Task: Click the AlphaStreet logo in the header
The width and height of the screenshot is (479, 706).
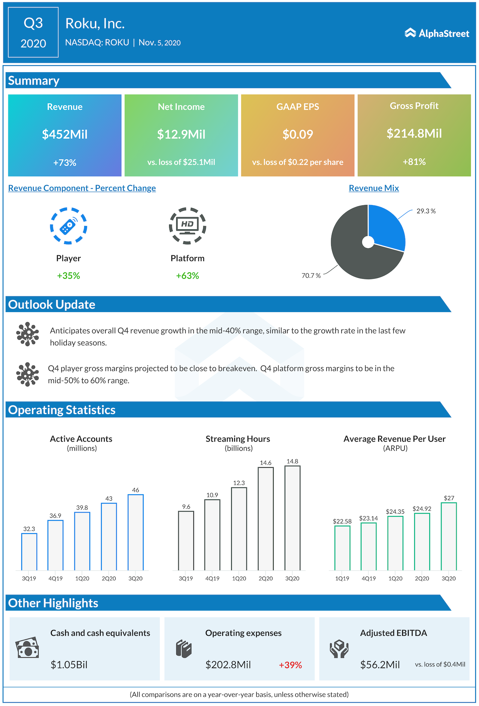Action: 437,33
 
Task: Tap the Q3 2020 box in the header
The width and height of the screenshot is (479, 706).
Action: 33,33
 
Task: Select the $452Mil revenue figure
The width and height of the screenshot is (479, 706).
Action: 65,134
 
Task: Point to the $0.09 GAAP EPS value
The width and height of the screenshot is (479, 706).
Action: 298,134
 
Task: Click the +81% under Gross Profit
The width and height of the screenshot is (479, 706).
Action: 414,162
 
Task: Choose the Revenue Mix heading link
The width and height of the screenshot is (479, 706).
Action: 373,188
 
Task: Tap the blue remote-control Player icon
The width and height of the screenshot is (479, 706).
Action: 68,226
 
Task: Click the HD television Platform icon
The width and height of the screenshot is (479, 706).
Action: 187,226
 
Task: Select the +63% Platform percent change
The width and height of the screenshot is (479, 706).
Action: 187,276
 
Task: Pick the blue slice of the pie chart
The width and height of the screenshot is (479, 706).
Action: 385,226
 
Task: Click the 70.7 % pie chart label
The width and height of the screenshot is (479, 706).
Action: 311,276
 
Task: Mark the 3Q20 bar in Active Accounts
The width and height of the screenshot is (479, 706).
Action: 135,532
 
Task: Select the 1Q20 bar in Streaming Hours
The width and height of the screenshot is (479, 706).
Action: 239,529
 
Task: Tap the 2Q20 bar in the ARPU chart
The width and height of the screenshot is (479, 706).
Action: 422,541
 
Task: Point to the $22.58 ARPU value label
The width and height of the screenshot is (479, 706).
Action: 342,521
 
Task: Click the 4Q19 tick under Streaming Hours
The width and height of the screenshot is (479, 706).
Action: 212,578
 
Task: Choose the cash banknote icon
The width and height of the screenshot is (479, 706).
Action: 27,648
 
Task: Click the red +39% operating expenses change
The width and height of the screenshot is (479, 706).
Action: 290,665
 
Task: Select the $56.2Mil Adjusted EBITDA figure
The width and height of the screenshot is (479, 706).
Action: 380,665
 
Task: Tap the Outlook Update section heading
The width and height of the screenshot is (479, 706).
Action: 52,305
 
